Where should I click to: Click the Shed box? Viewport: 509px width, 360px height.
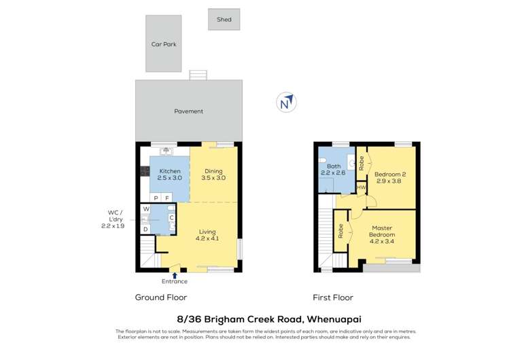pos(224,20)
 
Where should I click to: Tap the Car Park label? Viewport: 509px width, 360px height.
pos(164,44)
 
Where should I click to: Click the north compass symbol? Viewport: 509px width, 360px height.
pos(287,103)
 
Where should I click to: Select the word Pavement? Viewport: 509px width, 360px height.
pos(188,111)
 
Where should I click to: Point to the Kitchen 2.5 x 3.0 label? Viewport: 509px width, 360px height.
pos(169,175)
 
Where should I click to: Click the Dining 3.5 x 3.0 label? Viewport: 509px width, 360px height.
pos(213,175)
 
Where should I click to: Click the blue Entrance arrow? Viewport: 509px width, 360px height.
pos(175,274)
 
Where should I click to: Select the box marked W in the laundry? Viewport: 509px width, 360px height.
pos(145,209)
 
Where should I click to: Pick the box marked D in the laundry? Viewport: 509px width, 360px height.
pos(145,229)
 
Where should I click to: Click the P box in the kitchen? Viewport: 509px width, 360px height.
pos(156,198)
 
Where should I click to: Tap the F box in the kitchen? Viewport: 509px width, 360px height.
pos(168,198)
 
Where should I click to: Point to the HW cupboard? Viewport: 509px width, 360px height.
pos(361,187)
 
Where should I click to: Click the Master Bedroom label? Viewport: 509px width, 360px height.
pos(382,233)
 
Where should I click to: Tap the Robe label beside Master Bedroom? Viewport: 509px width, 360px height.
pos(340,231)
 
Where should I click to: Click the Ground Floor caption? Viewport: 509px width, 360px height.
pos(160,298)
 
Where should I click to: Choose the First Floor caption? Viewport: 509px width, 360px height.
pos(332,298)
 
